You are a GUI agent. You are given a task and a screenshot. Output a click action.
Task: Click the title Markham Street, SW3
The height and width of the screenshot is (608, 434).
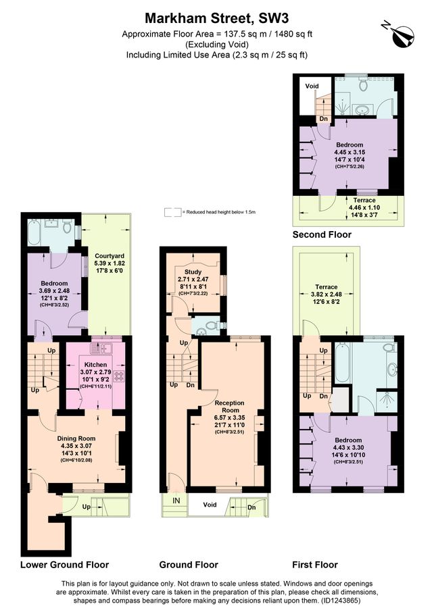pyautogui.click(x=216, y=18)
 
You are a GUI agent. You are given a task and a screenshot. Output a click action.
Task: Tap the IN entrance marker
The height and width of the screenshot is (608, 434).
pyautogui.click(x=176, y=501)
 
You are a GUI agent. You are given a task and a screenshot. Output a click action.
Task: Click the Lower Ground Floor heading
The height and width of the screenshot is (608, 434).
pyautogui.click(x=64, y=565)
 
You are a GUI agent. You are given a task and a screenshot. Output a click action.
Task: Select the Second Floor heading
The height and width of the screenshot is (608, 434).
pyautogui.click(x=322, y=235)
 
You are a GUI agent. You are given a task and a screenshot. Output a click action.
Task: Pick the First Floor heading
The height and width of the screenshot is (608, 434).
pyautogui.click(x=314, y=565)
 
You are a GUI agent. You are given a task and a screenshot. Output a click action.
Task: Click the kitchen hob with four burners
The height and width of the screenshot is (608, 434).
pyautogui.click(x=119, y=376)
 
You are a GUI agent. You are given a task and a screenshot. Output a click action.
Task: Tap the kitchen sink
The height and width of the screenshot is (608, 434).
pyautogui.click(x=107, y=349)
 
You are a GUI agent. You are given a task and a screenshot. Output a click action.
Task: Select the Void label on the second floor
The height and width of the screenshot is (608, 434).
pyautogui.click(x=312, y=86)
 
